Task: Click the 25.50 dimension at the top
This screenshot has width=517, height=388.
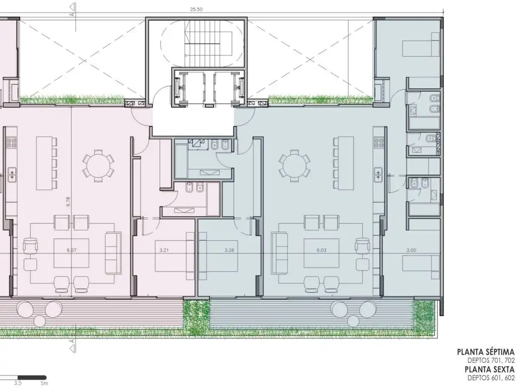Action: coord(196,9)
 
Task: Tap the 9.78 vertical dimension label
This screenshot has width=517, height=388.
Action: coord(68,202)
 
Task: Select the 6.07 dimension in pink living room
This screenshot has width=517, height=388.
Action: coord(72,250)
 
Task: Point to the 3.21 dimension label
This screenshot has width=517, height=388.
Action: coord(164,250)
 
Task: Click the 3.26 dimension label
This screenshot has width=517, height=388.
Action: coord(229,250)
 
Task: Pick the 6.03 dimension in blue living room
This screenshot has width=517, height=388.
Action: coord(322,250)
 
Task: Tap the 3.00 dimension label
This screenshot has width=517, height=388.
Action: coord(411,250)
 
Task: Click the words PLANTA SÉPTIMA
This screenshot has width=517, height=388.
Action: coord(486,352)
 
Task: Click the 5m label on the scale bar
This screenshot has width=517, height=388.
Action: coord(44,383)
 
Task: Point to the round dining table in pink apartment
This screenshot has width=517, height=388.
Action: coord(98,166)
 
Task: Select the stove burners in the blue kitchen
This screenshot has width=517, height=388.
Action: coord(378,142)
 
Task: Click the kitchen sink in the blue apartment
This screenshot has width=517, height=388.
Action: coord(378,174)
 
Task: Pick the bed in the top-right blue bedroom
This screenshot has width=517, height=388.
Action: coord(421,44)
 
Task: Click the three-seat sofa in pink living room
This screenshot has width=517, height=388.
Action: coord(112,253)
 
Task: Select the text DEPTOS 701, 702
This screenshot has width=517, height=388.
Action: coord(491,361)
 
